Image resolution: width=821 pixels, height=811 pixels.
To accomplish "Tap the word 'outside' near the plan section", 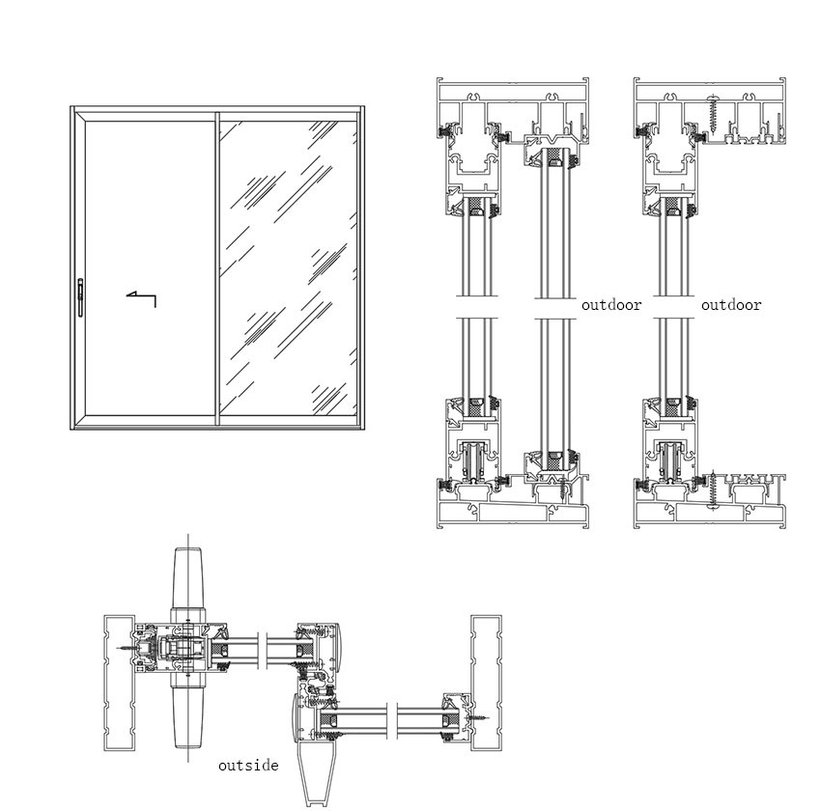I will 248,766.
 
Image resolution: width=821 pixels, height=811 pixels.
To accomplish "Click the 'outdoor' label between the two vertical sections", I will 611,305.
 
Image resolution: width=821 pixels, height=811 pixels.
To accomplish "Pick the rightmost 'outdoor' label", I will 731,305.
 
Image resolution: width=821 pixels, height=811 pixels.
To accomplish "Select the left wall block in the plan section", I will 119,683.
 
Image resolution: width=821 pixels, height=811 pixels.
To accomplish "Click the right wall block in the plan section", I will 486,683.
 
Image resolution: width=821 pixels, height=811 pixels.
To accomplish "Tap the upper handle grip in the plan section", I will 187,579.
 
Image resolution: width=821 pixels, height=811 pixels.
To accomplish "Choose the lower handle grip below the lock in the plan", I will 187,714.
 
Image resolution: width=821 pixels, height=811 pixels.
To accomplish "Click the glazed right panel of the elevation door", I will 287,268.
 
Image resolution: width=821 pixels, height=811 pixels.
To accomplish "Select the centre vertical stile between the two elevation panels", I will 216,268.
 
